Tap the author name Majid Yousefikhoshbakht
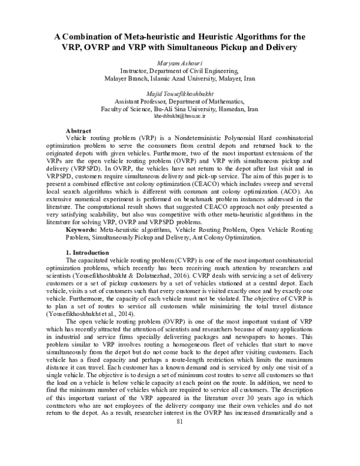click(x=179, y=94)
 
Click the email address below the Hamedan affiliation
click(x=179, y=118)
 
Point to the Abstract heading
click(x=78, y=130)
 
